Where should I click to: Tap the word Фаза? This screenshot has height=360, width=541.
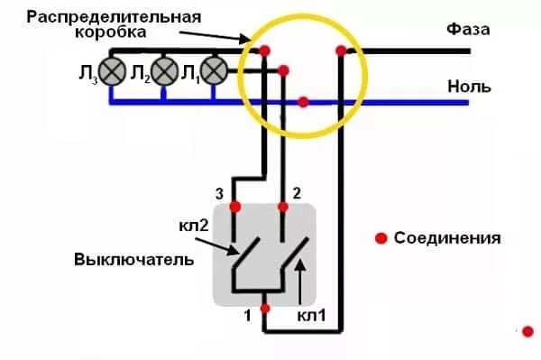point(468,30)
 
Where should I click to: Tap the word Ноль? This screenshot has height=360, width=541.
point(469,87)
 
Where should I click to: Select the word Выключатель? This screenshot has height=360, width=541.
point(134,260)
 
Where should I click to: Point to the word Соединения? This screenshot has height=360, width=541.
point(446,239)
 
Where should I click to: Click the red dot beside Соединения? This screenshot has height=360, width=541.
point(381,238)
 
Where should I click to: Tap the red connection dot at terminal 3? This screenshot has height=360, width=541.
point(235,207)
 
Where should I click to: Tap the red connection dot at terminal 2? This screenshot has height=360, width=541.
point(285,207)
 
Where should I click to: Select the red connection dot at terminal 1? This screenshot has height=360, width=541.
point(264,309)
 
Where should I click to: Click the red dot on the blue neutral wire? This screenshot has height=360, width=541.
point(303,102)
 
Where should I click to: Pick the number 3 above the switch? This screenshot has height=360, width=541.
point(217,193)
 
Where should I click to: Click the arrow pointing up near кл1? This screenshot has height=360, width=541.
point(302,276)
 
